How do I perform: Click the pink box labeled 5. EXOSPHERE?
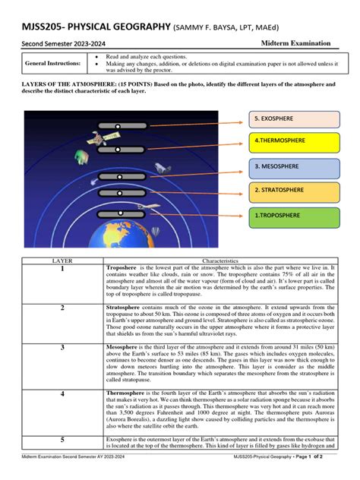tap(293, 119)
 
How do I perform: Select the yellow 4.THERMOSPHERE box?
tap(293, 142)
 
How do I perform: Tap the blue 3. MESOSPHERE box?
tap(293, 166)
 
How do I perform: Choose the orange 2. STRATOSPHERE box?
tap(293, 190)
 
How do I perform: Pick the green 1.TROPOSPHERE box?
tap(293, 216)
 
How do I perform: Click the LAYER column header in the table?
tap(62, 260)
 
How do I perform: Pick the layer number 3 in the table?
tap(62, 347)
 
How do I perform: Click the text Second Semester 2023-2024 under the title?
tap(60, 44)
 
